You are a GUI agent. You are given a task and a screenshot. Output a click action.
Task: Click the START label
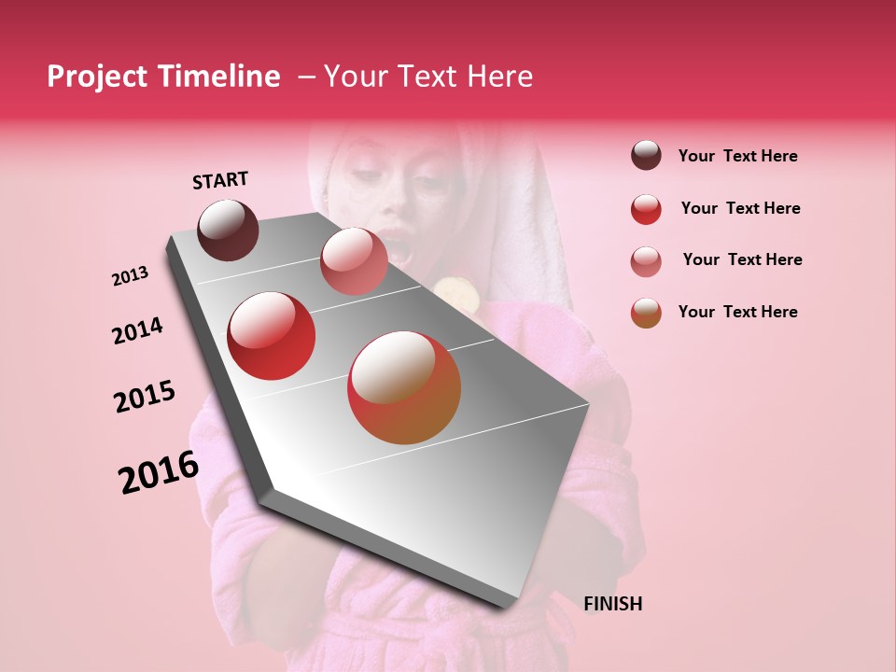pyautogui.click(x=220, y=180)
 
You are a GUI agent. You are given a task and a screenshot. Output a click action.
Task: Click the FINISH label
pyautogui.click(x=612, y=604)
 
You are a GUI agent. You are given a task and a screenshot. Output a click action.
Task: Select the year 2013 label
pyautogui.click(x=130, y=276)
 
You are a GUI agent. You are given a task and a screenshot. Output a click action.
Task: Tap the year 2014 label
pyautogui.click(x=137, y=330)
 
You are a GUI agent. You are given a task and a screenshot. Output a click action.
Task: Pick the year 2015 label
pyautogui.click(x=145, y=397)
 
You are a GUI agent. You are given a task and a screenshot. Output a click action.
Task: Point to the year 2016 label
pyautogui.click(x=159, y=472)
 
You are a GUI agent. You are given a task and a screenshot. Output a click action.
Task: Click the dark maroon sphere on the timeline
pyautogui.click(x=229, y=230)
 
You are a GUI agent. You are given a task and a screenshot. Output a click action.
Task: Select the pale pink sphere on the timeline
pyautogui.click(x=354, y=260)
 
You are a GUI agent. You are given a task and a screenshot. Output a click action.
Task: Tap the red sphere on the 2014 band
pyautogui.click(x=272, y=336)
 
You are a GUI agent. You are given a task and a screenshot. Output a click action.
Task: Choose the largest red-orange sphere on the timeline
pyautogui.click(x=404, y=387)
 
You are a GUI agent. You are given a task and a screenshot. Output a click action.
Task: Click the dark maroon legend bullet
pyautogui.click(x=646, y=156)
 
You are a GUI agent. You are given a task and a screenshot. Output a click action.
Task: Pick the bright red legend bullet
pyautogui.click(x=646, y=209)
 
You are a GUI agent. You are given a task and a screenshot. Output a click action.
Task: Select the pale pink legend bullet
pyautogui.click(x=646, y=261)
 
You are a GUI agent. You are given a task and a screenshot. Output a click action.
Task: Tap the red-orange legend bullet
pyautogui.click(x=646, y=313)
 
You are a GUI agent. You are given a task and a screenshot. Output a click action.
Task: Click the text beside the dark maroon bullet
pyautogui.click(x=737, y=156)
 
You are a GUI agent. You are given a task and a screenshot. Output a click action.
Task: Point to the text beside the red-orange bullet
pyautogui.click(x=737, y=312)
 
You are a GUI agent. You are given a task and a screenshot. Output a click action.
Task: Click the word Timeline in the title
pyautogui.click(x=219, y=77)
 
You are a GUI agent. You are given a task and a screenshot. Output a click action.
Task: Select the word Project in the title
pyautogui.click(x=96, y=77)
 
